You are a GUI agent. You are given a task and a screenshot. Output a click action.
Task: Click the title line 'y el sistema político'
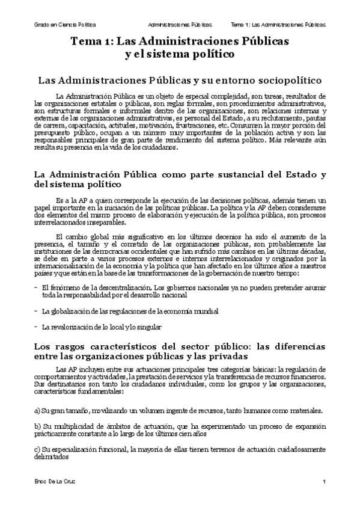click(179, 55)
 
